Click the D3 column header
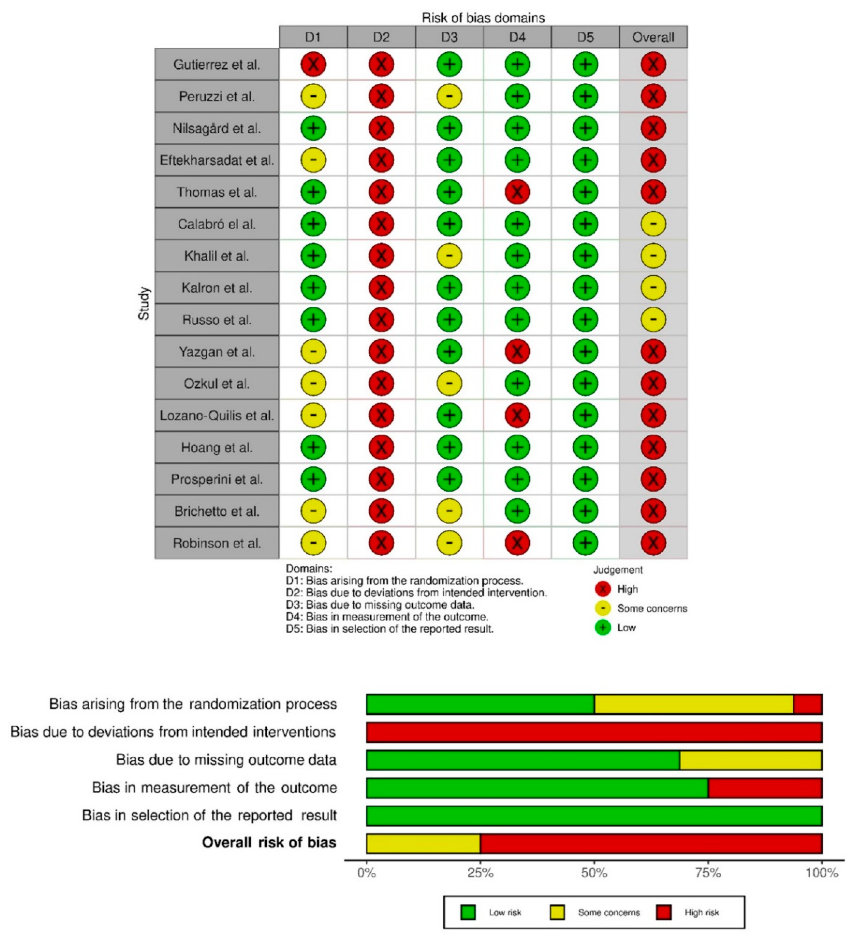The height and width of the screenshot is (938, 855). pyautogui.click(x=449, y=37)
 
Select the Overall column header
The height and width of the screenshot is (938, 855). pyautogui.click(x=653, y=37)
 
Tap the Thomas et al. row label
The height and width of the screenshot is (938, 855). pyautogui.click(x=217, y=192)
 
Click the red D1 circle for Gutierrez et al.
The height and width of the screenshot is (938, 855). pyautogui.click(x=313, y=64)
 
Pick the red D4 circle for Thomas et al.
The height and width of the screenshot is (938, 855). pyautogui.click(x=517, y=192)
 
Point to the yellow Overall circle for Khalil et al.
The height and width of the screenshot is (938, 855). pyautogui.click(x=653, y=256)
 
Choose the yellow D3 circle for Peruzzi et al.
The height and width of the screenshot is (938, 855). pyautogui.click(x=449, y=96)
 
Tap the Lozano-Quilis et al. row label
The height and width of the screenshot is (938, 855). pyautogui.click(x=217, y=416)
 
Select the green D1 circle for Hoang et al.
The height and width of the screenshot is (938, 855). pyautogui.click(x=313, y=447)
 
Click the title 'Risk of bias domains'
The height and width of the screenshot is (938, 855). pyautogui.click(x=483, y=18)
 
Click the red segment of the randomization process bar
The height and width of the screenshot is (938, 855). pyautogui.click(x=808, y=704)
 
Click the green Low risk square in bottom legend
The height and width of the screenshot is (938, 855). pyautogui.click(x=468, y=912)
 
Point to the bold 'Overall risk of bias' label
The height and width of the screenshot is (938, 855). pyautogui.click(x=269, y=843)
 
